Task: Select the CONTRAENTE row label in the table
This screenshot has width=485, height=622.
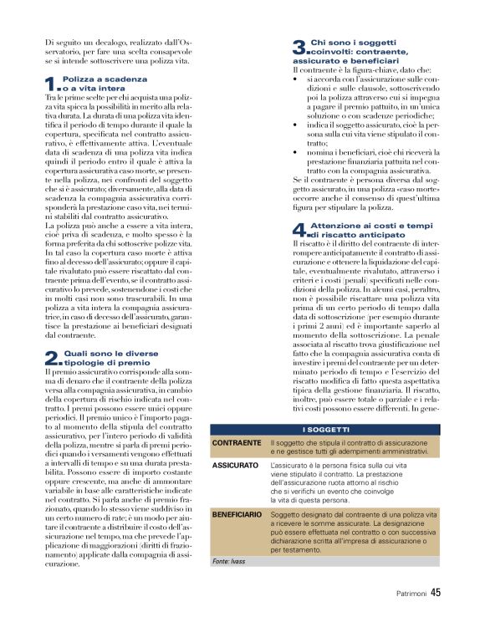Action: (236, 441)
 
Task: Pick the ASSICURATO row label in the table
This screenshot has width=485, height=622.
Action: (235, 463)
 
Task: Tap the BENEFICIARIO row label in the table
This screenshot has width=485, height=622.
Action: (237, 515)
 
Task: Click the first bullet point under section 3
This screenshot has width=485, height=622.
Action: (298, 79)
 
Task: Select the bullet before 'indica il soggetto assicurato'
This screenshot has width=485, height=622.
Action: (298, 124)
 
